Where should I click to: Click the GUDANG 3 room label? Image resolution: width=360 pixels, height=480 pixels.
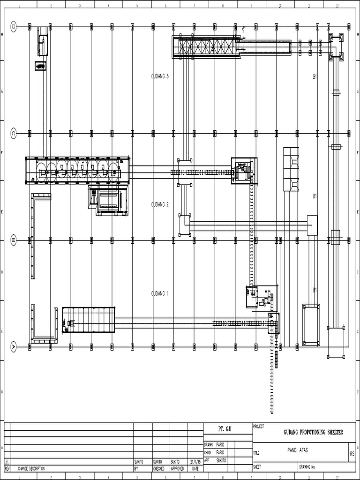[160, 76]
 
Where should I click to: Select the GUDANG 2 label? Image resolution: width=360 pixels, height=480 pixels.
[160, 204]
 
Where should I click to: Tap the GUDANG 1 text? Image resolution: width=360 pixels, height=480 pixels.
[160, 293]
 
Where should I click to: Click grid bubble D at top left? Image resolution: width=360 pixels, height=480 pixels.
[14, 27]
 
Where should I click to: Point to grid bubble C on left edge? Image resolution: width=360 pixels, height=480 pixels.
[14, 134]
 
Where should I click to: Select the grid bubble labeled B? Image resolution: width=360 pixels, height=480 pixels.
[14, 240]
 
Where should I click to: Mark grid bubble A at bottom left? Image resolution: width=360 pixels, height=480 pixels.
[14, 347]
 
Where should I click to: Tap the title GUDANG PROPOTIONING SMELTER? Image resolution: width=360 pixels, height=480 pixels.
[313, 432]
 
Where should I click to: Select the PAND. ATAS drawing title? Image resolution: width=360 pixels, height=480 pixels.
[298, 450]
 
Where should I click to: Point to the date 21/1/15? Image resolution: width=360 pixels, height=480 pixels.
[195, 461]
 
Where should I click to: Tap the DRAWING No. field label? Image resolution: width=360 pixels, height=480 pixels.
[308, 467]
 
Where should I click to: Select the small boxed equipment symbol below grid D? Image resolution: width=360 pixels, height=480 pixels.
[40, 66]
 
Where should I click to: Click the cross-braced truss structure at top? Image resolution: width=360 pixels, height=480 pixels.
[206, 47]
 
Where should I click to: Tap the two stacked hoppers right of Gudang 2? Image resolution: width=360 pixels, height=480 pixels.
[291, 170]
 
